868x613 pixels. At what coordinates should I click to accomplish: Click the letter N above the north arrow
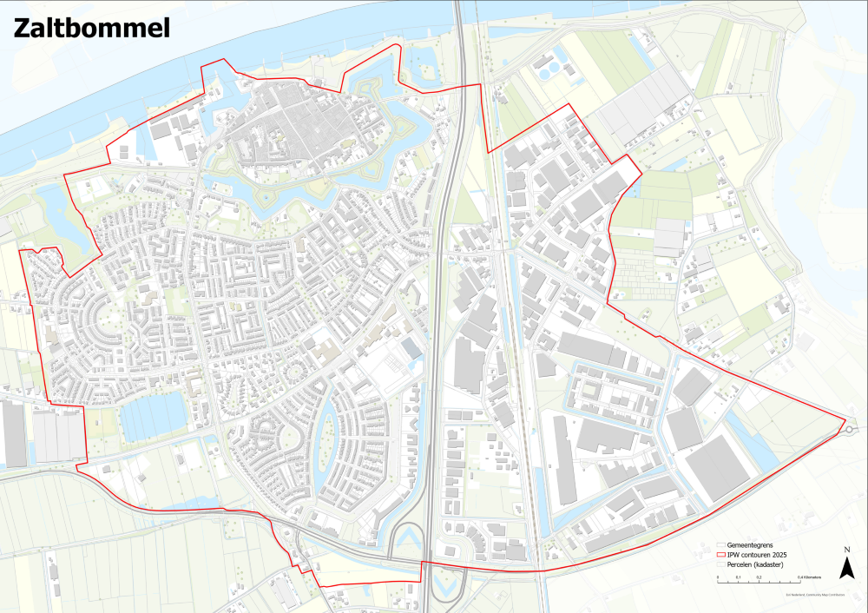846,550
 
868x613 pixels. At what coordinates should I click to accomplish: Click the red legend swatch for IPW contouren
719,555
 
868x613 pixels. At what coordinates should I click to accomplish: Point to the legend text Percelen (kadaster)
753,564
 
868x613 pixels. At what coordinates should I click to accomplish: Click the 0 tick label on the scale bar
718,577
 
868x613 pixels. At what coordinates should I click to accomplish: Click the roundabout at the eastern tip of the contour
847,428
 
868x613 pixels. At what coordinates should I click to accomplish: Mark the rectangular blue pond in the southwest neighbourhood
154,415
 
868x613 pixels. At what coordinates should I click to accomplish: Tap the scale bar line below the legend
759,573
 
